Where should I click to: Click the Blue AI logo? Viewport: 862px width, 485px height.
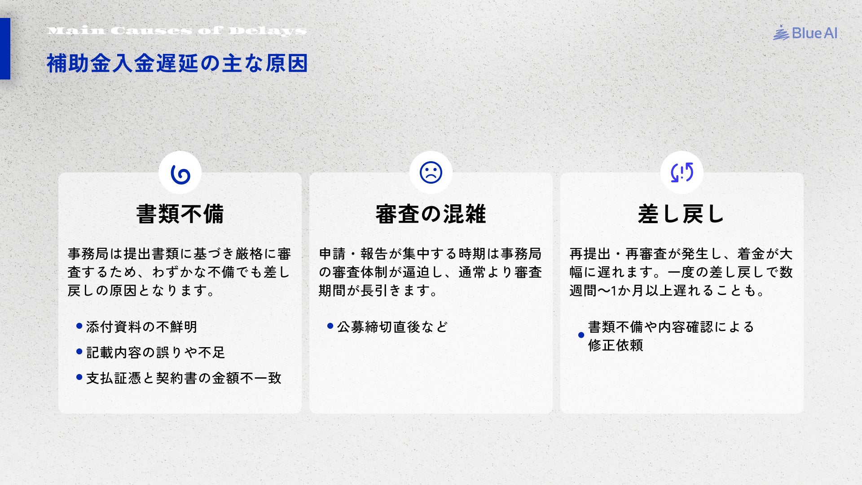point(805,33)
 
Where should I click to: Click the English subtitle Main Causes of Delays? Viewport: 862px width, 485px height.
point(177,31)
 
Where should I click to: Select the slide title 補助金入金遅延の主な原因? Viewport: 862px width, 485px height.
point(177,63)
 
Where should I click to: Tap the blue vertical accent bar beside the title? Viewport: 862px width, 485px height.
point(5,48)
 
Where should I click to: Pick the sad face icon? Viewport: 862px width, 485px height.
point(431,172)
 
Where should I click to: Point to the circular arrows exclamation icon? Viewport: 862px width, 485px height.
point(682,172)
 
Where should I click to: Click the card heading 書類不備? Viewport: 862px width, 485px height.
point(180,214)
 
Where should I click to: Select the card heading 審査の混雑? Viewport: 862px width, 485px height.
point(431,214)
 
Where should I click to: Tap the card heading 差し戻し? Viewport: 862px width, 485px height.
point(682,214)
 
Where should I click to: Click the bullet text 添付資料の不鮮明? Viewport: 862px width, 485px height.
point(141,327)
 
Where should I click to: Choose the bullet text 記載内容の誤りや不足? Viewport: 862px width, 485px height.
point(155,353)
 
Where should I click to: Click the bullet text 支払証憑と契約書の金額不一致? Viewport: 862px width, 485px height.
point(184,378)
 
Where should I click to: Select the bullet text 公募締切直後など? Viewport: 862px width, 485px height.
point(392,327)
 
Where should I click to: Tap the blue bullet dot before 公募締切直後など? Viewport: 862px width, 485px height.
point(330,326)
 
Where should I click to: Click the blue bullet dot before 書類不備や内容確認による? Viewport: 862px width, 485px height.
point(581,335)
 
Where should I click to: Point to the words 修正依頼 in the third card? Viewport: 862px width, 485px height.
point(616,345)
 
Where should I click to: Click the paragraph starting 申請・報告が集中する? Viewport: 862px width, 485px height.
point(431,272)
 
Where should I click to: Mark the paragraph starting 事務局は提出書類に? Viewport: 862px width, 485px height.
point(180,272)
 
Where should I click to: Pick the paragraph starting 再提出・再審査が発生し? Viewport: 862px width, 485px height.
point(682,272)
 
